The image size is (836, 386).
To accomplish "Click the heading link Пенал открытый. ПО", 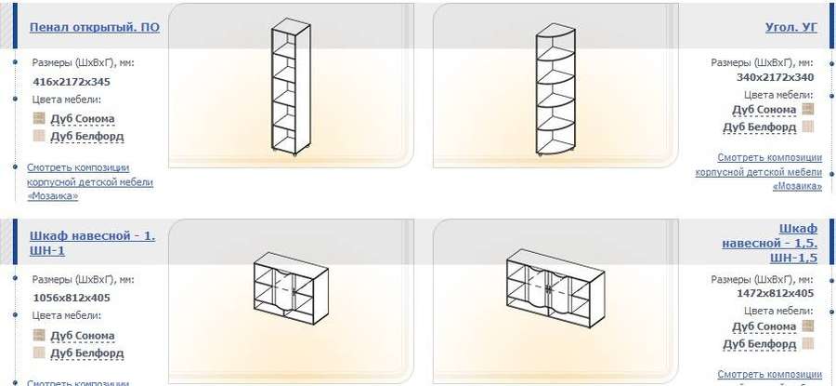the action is click(x=95, y=27).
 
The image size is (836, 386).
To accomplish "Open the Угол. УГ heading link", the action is click(x=790, y=27).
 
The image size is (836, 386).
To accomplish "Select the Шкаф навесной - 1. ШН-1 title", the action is click(x=93, y=243).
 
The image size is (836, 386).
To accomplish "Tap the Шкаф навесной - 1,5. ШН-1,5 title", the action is click(x=770, y=244).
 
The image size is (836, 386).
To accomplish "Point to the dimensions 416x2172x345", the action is click(x=72, y=82).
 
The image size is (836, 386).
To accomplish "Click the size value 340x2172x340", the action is click(x=776, y=77).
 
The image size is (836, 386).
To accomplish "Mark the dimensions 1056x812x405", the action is click(x=72, y=298).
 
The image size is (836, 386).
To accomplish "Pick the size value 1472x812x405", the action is click(x=776, y=293).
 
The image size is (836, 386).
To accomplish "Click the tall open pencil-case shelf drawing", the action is click(x=291, y=87).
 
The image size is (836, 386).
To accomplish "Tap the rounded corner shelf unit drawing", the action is click(x=555, y=87).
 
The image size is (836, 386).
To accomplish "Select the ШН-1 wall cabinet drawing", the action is click(x=291, y=287).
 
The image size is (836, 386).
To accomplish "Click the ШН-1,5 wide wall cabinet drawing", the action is click(x=555, y=287).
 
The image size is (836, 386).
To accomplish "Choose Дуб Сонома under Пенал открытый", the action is click(x=82, y=118).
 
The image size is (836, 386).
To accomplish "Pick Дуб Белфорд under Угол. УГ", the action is click(x=759, y=127).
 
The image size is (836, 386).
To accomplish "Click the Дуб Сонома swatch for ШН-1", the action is click(x=39, y=335).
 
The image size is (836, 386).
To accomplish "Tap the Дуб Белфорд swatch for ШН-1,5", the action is click(x=808, y=343).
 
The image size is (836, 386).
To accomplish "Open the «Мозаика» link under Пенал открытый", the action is click(x=52, y=196).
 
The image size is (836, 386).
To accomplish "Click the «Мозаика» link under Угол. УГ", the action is click(x=797, y=186).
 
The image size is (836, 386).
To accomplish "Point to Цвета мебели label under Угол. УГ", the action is click(x=779, y=95).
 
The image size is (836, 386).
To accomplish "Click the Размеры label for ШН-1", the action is click(x=84, y=279).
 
